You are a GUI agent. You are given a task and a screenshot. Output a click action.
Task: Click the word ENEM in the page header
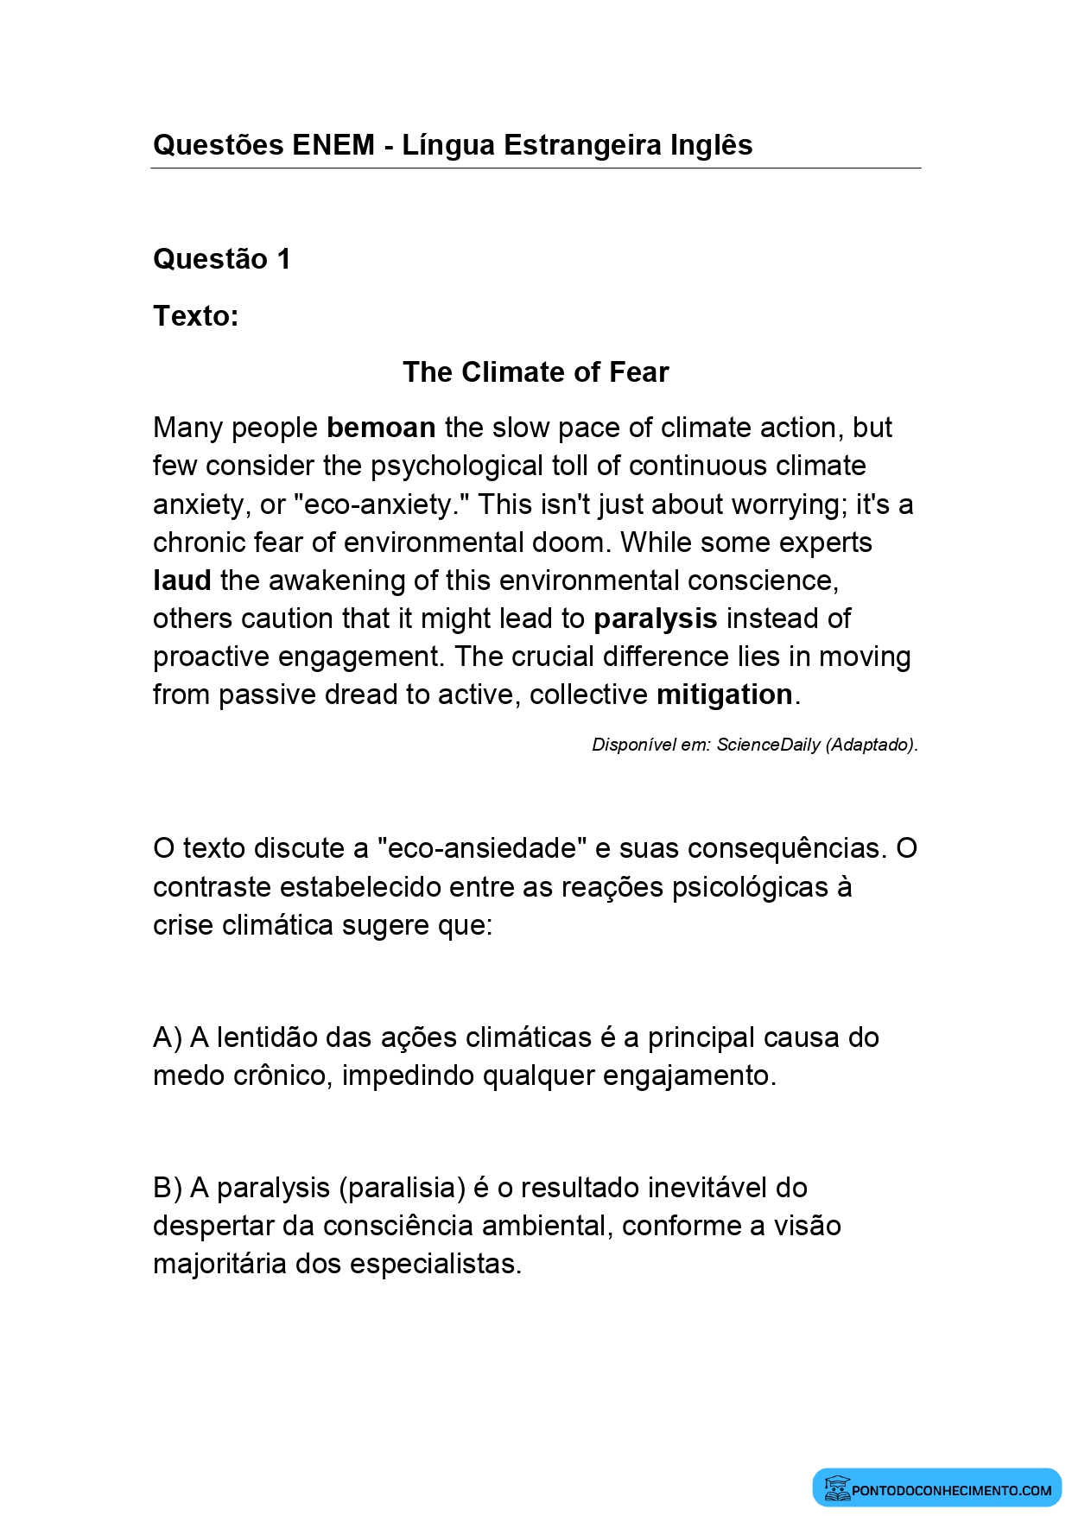(333, 145)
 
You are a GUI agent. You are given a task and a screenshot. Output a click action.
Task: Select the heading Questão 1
(221, 259)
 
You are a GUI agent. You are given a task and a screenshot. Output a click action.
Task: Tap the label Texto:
(195, 316)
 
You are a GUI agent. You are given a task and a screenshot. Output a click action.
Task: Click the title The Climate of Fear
(536, 372)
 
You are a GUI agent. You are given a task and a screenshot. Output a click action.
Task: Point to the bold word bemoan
(381, 428)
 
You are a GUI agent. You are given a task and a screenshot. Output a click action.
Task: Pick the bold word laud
(181, 580)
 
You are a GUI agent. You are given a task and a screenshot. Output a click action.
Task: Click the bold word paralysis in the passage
(656, 618)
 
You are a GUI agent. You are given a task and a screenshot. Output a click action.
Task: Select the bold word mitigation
(725, 695)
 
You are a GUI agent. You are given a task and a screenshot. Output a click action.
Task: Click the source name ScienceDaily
(769, 745)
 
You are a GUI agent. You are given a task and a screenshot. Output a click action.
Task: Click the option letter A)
(168, 1037)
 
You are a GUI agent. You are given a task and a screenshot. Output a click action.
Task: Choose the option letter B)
(168, 1188)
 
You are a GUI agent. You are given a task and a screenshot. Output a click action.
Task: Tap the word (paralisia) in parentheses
(403, 1188)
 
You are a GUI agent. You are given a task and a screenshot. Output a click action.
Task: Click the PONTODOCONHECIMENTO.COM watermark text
(952, 1490)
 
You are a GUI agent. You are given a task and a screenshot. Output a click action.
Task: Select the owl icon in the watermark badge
(836, 1488)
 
